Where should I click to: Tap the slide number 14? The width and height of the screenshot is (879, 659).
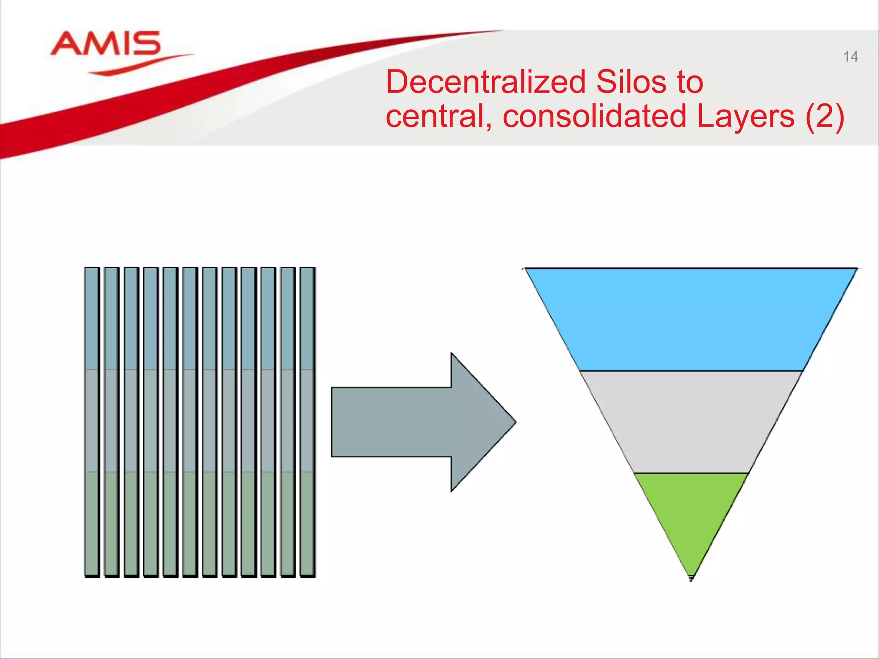850,57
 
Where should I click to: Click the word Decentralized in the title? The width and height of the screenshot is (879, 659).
485,82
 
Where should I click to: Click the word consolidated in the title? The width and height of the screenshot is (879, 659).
594,116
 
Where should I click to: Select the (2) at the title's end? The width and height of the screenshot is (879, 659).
824,116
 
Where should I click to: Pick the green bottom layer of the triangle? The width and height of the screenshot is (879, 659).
691,511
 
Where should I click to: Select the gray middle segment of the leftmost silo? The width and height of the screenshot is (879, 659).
92,420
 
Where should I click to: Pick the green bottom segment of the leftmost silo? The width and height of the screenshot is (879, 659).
92,523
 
